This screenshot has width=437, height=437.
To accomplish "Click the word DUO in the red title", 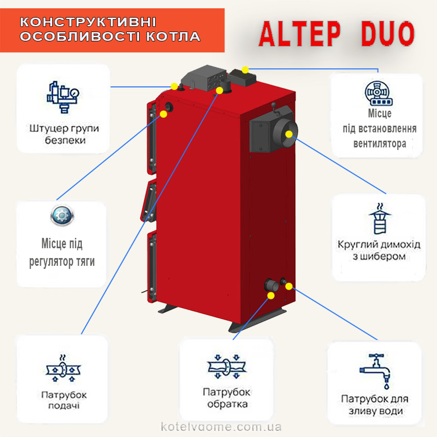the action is (388, 34).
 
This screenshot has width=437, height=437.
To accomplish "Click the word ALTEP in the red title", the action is (300, 34).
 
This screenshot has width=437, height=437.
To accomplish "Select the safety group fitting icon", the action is (63, 97).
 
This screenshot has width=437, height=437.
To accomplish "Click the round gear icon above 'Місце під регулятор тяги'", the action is (62, 216).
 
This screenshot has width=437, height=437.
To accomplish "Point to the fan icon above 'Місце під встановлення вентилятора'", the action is (379, 94).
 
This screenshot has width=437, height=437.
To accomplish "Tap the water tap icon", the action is (375, 371).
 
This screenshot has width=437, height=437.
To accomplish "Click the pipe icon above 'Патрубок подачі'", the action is (63, 368).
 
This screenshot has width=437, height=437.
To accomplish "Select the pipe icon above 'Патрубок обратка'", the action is (227, 367).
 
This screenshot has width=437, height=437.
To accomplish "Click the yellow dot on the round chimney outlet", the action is (289, 134).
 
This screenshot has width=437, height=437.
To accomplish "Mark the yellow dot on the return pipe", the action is (271, 295).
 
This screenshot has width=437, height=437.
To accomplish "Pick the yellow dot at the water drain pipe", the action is (289, 286).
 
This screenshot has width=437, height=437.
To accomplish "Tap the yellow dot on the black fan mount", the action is (245, 70).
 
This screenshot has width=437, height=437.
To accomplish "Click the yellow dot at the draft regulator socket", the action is (163, 114).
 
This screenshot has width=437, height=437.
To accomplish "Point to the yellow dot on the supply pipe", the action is (219, 91).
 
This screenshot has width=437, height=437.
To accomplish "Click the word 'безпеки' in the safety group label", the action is (65, 140).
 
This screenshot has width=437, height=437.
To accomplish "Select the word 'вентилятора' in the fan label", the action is (380, 144).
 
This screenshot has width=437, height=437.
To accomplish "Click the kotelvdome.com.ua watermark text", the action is (221, 427).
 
